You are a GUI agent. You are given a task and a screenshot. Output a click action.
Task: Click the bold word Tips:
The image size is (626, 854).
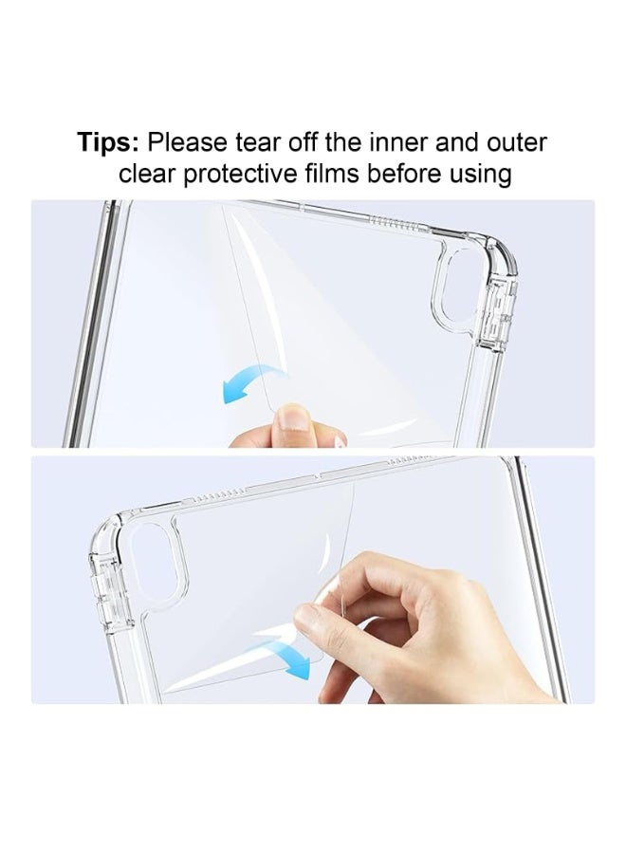pyautogui.click(x=108, y=142)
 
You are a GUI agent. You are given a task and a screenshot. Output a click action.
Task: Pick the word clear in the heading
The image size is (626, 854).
pyautogui.click(x=148, y=175)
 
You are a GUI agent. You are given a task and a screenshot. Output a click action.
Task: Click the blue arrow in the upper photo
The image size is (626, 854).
pyautogui.click(x=249, y=381)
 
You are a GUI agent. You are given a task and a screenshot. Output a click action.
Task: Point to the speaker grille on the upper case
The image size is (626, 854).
pyautogui.click(x=396, y=223)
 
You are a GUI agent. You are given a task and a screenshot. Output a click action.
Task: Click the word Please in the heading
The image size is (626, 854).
pyautogui.click(x=188, y=142)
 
